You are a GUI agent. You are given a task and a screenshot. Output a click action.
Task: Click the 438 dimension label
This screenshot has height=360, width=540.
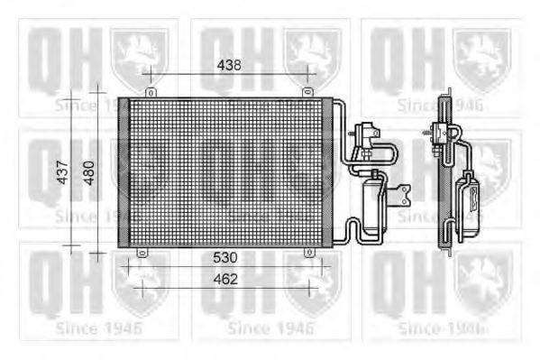click(x=229, y=64)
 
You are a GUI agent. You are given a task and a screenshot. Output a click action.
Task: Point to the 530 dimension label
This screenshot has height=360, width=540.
click(x=225, y=258)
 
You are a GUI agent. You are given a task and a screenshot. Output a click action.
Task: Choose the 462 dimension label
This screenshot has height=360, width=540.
click(x=225, y=279)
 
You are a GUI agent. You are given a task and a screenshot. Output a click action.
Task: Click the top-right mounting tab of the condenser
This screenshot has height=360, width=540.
click(x=307, y=92)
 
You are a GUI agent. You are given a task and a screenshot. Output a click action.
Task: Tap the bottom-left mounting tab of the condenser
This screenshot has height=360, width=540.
click(x=140, y=253)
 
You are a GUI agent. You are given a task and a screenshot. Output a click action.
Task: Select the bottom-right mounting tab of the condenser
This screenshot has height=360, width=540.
click(x=309, y=253)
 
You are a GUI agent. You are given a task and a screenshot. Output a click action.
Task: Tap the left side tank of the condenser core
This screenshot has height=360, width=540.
click(x=124, y=171)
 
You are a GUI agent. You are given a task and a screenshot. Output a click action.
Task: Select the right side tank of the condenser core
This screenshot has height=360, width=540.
click(x=327, y=171)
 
